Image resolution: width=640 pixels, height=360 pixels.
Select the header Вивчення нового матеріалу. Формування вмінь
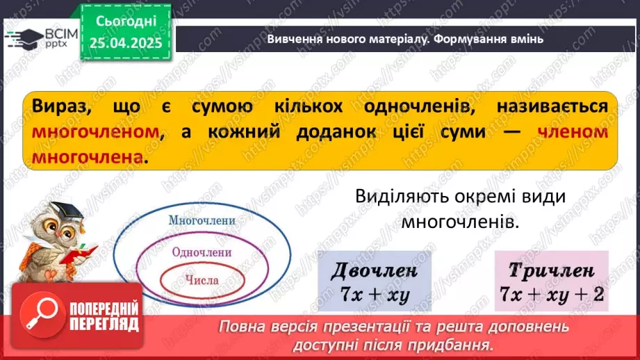pyautogui.click(x=405, y=39)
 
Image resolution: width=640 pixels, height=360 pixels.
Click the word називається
pyautogui.click(x=552, y=106)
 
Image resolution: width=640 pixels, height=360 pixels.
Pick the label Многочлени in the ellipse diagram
pyautogui.click(x=202, y=220)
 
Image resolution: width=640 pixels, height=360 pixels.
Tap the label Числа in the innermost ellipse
pyautogui.click(x=202, y=281)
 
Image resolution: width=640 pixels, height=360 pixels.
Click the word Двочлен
pyautogui.click(x=375, y=270)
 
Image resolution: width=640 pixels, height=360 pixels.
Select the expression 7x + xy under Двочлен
pyautogui.click(x=375, y=294)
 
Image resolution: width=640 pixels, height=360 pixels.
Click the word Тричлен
pyautogui.click(x=551, y=270)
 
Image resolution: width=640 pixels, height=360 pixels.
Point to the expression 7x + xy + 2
pyautogui.click(x=551, y=294)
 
